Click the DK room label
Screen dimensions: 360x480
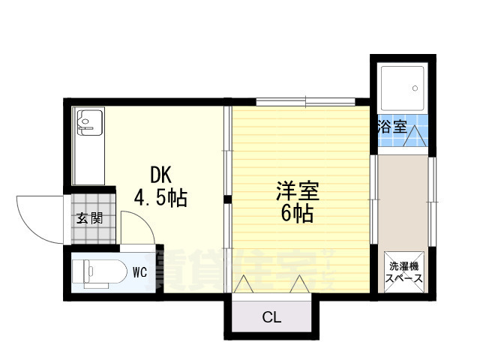161,175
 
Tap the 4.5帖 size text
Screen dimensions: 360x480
160,198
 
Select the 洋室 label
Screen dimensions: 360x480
298,190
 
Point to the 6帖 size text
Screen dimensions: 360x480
298,214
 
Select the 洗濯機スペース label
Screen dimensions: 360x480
403,271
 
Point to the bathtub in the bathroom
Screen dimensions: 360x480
402,88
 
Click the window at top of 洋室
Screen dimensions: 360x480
305,100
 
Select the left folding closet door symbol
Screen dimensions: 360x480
244,285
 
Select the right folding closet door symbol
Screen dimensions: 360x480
299,285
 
